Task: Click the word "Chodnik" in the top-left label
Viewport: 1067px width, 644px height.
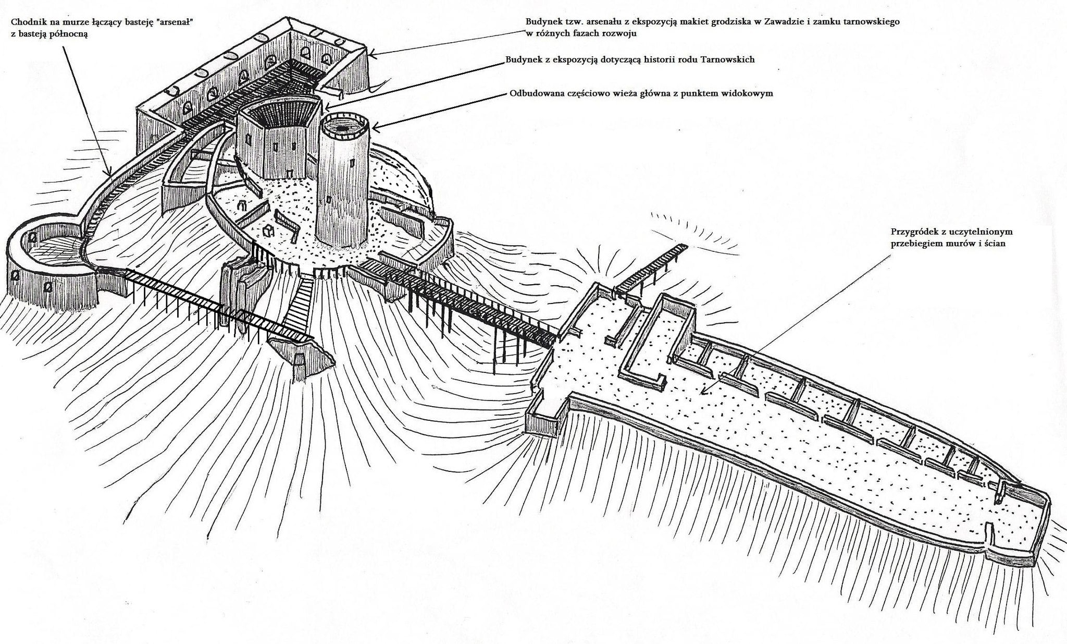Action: pyautogui.click(x=27, y=22)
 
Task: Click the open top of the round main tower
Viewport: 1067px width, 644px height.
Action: pyautogui.click(x=343, y=127)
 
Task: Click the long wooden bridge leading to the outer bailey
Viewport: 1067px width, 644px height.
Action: pyautogui.click(x=458, y=302)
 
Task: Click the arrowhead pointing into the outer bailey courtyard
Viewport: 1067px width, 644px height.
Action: pyautogui.click(x=703, y=392)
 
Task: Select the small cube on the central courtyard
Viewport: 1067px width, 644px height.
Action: pyautogui.click(x=268, y=232)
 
